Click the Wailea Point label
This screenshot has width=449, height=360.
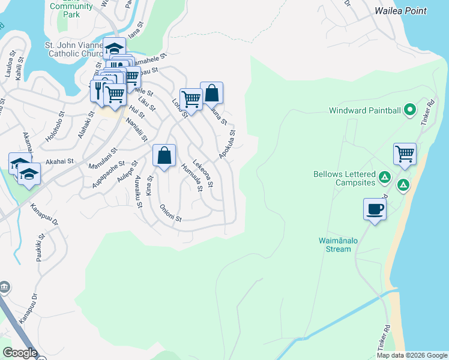tap(400, 11)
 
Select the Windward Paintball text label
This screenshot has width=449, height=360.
tap(365, 110)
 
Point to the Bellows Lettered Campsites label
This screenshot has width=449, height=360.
tap(345, 178)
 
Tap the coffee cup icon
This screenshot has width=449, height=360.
tap(375, 209)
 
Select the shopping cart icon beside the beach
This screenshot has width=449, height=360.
tap(405, 153)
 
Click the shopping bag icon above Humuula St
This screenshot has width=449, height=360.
tap(164, 155)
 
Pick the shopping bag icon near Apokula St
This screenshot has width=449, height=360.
tap(211, 93)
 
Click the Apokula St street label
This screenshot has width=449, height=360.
tap(227, 145)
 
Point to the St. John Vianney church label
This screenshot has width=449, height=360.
tap(75, 49)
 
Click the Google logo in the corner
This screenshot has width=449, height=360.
tap(20, 353)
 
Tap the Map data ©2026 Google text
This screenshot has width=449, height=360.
tap(411, 355)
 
